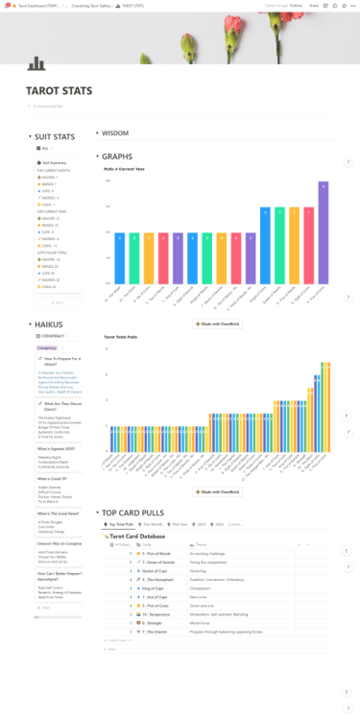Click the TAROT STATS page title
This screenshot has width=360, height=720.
click(59, 91)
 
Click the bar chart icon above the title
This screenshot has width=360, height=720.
click(36, 63)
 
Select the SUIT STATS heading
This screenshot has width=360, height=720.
click(54, 137)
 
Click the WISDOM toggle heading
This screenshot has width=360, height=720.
click(115, 133)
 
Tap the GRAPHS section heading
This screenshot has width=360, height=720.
click(117, 156)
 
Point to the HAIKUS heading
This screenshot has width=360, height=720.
click(48, 324)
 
